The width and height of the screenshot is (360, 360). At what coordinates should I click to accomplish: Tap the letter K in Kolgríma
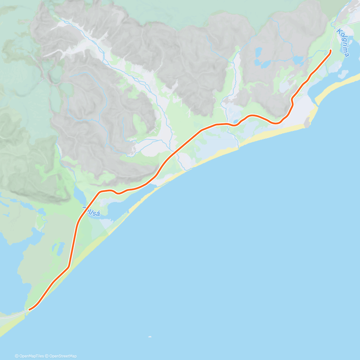[x=339, y=31]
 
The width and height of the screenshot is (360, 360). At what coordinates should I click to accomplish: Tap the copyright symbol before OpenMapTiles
[x=16, y=356]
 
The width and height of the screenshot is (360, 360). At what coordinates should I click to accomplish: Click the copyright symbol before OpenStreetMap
[x=47, y=356]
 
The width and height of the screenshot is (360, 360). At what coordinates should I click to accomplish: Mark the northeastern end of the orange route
[x=331, y=51]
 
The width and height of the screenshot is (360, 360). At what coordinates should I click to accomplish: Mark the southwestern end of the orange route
[x=29, y=309]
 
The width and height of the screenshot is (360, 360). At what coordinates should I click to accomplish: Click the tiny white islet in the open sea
[x=150, y=337]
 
